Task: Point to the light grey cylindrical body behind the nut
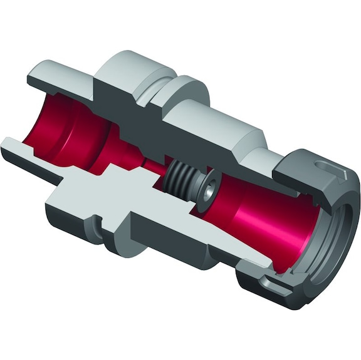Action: (219, 125)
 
